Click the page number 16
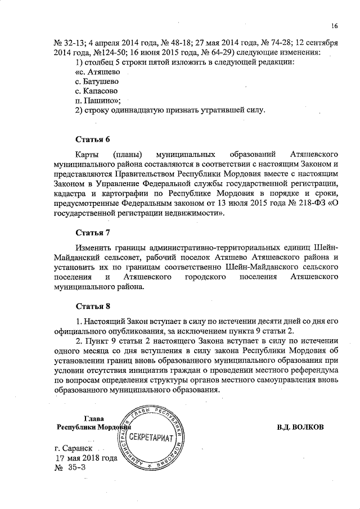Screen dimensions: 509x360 coord(334,26)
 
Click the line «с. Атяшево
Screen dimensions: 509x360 coord(94,71)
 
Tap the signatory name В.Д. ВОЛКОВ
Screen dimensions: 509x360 coord(300,427)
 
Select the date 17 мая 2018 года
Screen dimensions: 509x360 coord(85,458)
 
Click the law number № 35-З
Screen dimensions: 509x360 coord(70,468)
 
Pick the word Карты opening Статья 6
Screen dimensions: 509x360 coord(85,154)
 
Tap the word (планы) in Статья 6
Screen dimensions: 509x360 coord(127,154)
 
